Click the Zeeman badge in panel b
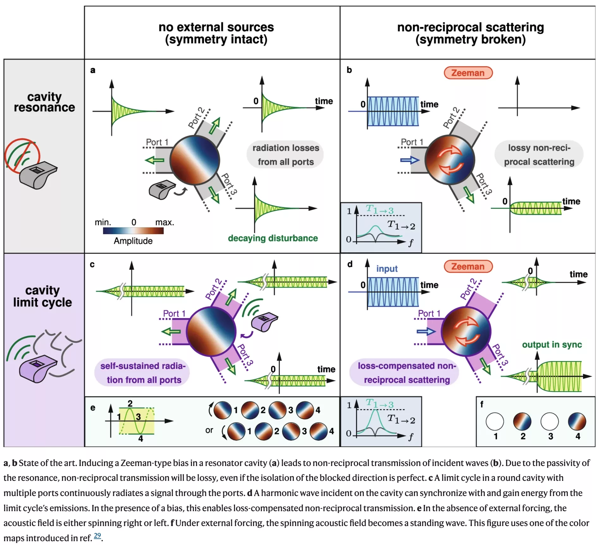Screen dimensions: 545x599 pyautogui.click(x=468, y=73)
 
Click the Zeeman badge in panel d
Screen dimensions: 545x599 pyautogui.click(x=468, y=267)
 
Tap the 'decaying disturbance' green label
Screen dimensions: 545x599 pyautogui.click(x=273, y=238)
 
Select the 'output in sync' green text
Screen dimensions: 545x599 pyautogui.click(x=552, y=345)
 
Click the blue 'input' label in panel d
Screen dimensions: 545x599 pyautogui.click(x=387, y=269)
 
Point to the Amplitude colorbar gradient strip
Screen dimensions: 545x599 pyautogui.click(x=133, y=231)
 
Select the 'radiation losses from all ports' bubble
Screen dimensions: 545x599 pyautogui.click(x=285, y=155)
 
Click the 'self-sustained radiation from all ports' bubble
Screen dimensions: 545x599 pyautogui.click(x=142, y=372)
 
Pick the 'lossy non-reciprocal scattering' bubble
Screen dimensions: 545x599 pyautogui.click(x=539, y=155)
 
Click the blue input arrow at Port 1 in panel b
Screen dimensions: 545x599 pyautogui.click(x=410, y=160)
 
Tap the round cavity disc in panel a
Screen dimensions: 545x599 pyautogui.click(x=195, y=160)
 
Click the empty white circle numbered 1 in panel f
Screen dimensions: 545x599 pyautogui.click(x=495, y=421)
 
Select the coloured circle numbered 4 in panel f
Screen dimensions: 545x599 pyautogui.click(x=577, y=421)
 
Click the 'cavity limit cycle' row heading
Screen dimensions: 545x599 pyautogui.click(x=43, y=296)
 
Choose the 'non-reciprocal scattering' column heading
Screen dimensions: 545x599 pyautogui.click(x=470, y=33)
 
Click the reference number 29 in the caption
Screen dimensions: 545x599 pyautogui.click(x=97, y=536)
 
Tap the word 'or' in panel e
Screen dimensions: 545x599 pyautogui.click(x=209, y=430)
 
